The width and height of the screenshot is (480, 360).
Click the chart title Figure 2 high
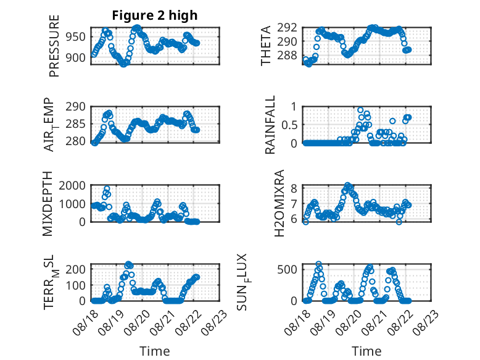[155, 15]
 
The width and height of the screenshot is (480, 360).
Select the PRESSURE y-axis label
[54, 46]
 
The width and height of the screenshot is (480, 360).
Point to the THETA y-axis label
[266, 46]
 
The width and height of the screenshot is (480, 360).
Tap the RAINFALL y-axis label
[270, 125]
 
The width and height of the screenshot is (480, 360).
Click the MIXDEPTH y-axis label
[48, 204]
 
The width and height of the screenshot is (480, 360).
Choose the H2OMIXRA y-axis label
[279, 203]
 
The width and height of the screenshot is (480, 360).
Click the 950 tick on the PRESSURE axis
[76, 37]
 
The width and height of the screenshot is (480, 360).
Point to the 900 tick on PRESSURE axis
[76, 57]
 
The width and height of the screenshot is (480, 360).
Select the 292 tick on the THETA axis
[287, 28]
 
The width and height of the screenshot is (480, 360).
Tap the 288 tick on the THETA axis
[287, 56]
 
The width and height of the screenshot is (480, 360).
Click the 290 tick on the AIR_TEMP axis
[76, 107]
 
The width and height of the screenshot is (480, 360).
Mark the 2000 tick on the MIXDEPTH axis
[73, 186]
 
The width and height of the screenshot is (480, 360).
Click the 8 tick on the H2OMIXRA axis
[294, 188]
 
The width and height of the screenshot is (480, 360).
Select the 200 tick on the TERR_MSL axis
[76, 269]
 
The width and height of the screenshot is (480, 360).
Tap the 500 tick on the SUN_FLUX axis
[287, 270]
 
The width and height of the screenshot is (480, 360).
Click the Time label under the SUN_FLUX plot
[366, 351]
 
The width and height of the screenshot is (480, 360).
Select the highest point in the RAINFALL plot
[360, 111]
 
